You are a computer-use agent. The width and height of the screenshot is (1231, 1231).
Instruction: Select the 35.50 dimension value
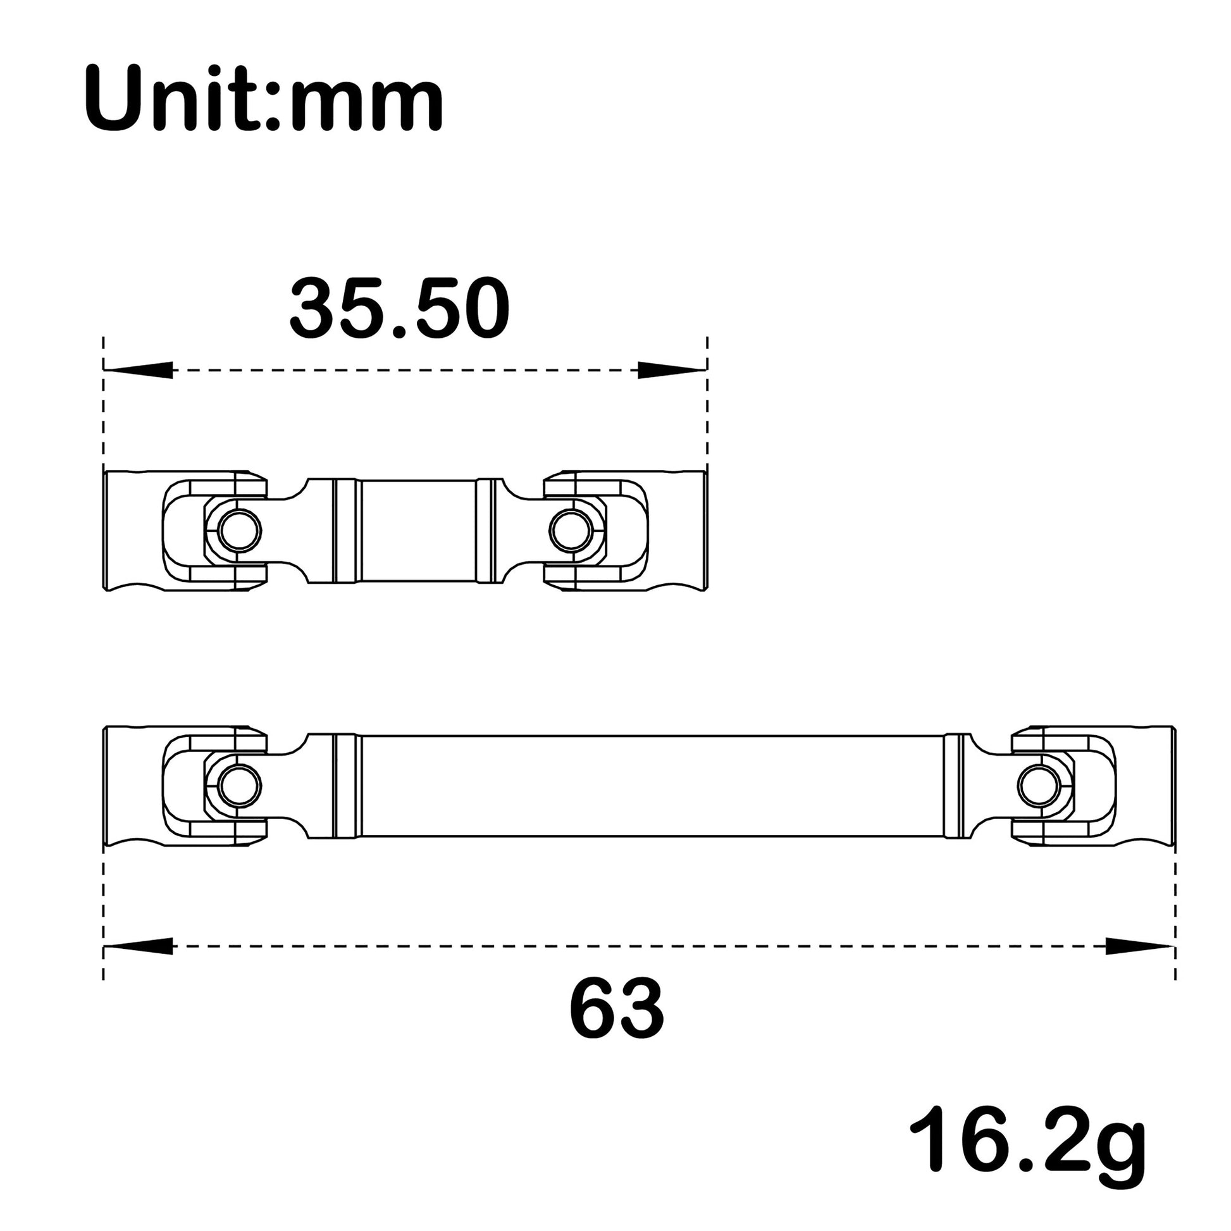click(400, 309)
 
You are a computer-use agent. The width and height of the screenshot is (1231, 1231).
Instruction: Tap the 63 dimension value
click(616, 1009)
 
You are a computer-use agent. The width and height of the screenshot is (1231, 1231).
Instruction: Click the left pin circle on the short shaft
click(239, 530)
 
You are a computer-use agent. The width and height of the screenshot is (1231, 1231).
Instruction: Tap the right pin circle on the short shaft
click(571, 530)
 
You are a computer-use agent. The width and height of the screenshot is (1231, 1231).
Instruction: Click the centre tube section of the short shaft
click(418, 530)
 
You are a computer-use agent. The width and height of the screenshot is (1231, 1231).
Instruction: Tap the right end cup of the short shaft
click(679, 530)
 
